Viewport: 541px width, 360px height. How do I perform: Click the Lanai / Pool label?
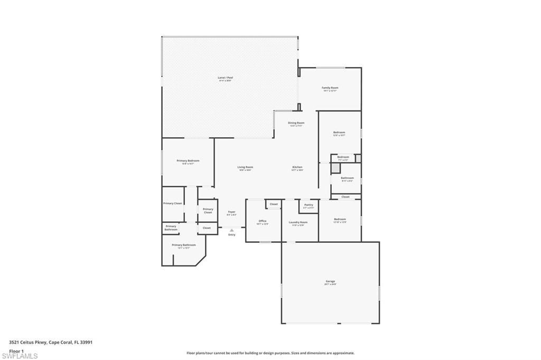coord(225,78)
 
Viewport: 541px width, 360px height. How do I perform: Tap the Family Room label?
coord(330,88)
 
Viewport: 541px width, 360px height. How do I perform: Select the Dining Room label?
coord(296,123)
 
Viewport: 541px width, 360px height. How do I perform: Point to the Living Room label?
coord(245,167)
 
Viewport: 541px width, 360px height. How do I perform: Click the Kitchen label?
coord(297,167)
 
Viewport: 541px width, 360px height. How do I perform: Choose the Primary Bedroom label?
coord(188,160)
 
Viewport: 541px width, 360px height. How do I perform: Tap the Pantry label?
coord(309,205)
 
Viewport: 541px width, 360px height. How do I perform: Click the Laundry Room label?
coord(298,222)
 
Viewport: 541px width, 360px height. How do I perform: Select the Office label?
coord(263,221)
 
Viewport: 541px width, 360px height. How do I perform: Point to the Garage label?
coord(330,281)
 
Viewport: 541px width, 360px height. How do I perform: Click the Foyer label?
coord(231,212)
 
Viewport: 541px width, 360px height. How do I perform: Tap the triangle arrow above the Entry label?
coord(231,230)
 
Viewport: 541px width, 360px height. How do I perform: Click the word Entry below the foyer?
coord(231,235)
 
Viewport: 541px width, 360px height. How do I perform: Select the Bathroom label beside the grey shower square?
coord(347,178)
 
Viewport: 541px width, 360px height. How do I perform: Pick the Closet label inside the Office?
coord(274,204)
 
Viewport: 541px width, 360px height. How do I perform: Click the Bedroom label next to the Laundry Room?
coord(340,219)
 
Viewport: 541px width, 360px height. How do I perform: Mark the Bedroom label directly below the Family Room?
coord(339,132)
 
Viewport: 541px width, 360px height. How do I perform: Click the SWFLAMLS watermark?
coord(20,356)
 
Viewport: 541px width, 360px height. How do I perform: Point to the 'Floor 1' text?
coord(16,351)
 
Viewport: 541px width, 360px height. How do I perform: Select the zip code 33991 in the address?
coord(86,342)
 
